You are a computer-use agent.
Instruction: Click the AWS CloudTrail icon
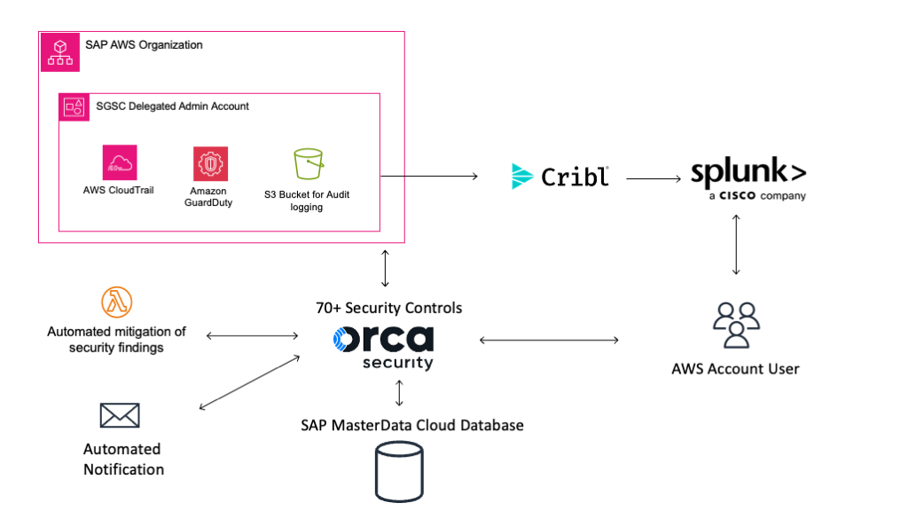(120, 162)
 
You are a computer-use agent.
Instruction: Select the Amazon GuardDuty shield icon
(210, 164)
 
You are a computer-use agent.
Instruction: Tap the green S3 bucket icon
(309, 164)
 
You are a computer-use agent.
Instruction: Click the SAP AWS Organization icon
(60, 52)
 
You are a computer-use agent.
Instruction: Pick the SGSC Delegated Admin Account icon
(74, 107)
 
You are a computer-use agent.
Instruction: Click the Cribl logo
(560, 177)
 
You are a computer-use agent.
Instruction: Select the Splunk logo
(748, 177)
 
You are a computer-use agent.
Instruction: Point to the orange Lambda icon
(117, 302)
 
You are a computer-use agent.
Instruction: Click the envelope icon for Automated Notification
(120, 415)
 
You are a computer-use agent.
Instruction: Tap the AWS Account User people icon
(736, 325)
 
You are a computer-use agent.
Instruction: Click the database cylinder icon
(399, 472)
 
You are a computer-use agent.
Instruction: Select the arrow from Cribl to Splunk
(654, 179)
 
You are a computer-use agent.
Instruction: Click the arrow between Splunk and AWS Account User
(736, 245)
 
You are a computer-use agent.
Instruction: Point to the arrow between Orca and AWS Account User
(549, 340)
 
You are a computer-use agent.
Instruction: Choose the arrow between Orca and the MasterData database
(399, 393)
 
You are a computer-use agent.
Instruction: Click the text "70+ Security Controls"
(389, 308)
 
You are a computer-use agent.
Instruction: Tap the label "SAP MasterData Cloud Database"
(412, 425)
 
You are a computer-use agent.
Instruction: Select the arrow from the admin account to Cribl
(429, 177)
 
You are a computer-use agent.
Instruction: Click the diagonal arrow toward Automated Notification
(249, 382)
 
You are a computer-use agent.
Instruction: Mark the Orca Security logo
(383, 347)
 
